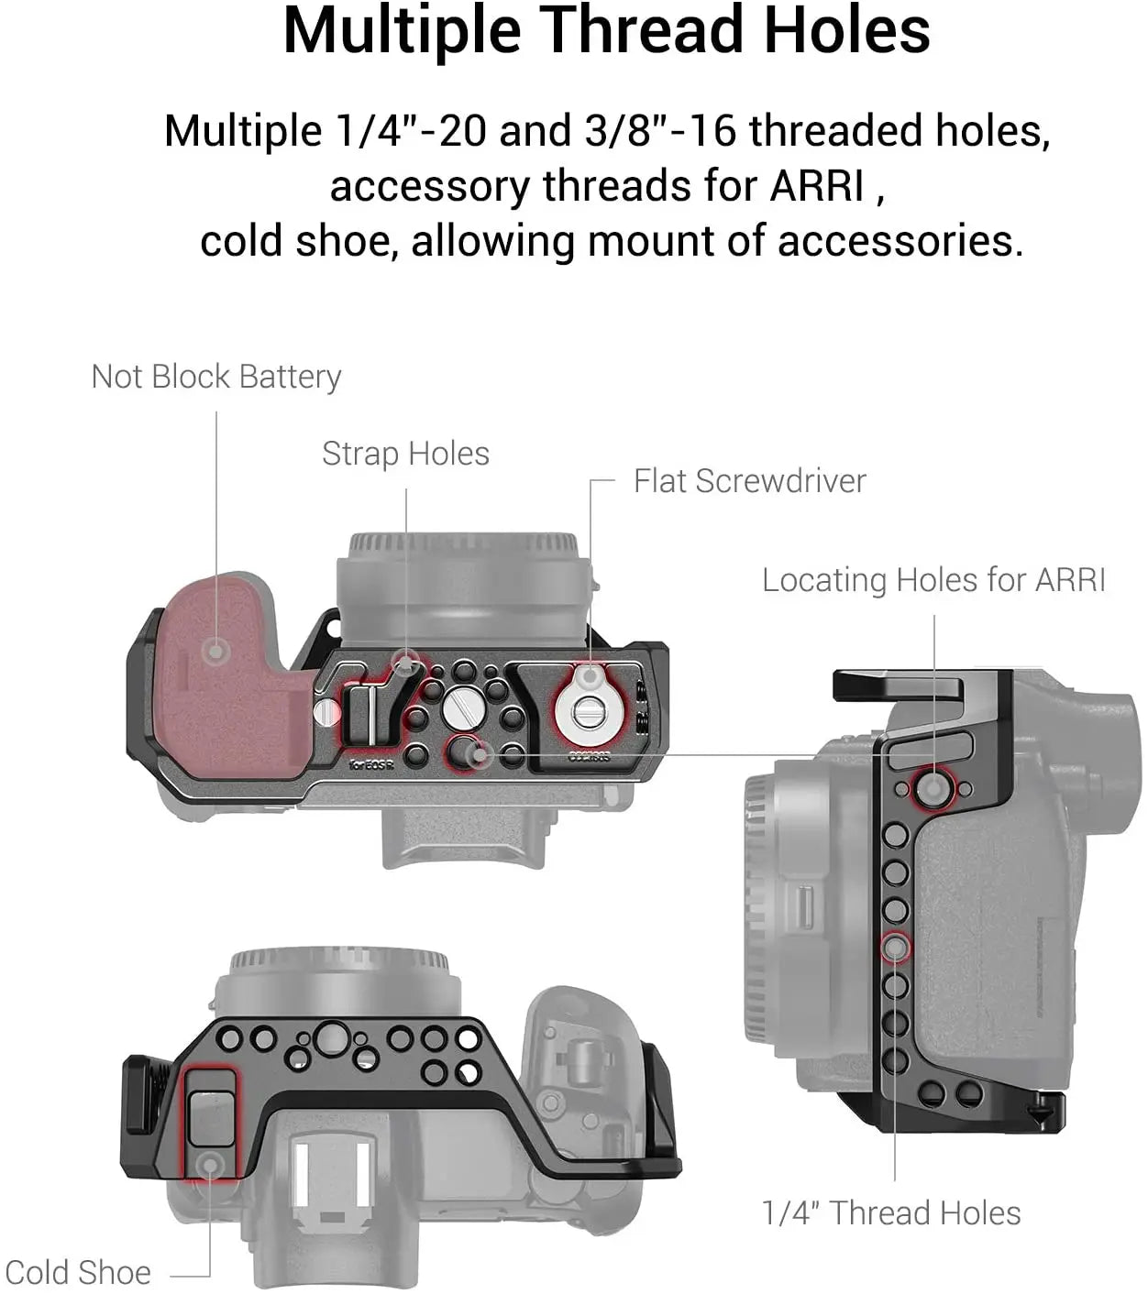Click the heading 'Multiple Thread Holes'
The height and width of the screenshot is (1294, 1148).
(x=606, y=31)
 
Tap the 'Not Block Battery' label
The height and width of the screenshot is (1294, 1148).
(x=216, y=377)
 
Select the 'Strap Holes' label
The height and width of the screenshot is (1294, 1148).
(x=405, y=454)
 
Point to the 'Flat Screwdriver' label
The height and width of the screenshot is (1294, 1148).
(x=749, y=481)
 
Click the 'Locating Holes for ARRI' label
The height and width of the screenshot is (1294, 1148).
(x=933, y=580)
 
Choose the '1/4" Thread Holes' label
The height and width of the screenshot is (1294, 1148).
(x=890, y=1212)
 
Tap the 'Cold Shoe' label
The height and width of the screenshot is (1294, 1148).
(x=78, y=1272)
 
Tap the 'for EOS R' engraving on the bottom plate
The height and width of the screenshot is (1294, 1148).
(x=371, y=764)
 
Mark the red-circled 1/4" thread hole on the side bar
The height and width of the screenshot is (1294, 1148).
(x=895, y=947)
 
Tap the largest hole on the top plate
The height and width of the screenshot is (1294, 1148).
(x=329, y=1038)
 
